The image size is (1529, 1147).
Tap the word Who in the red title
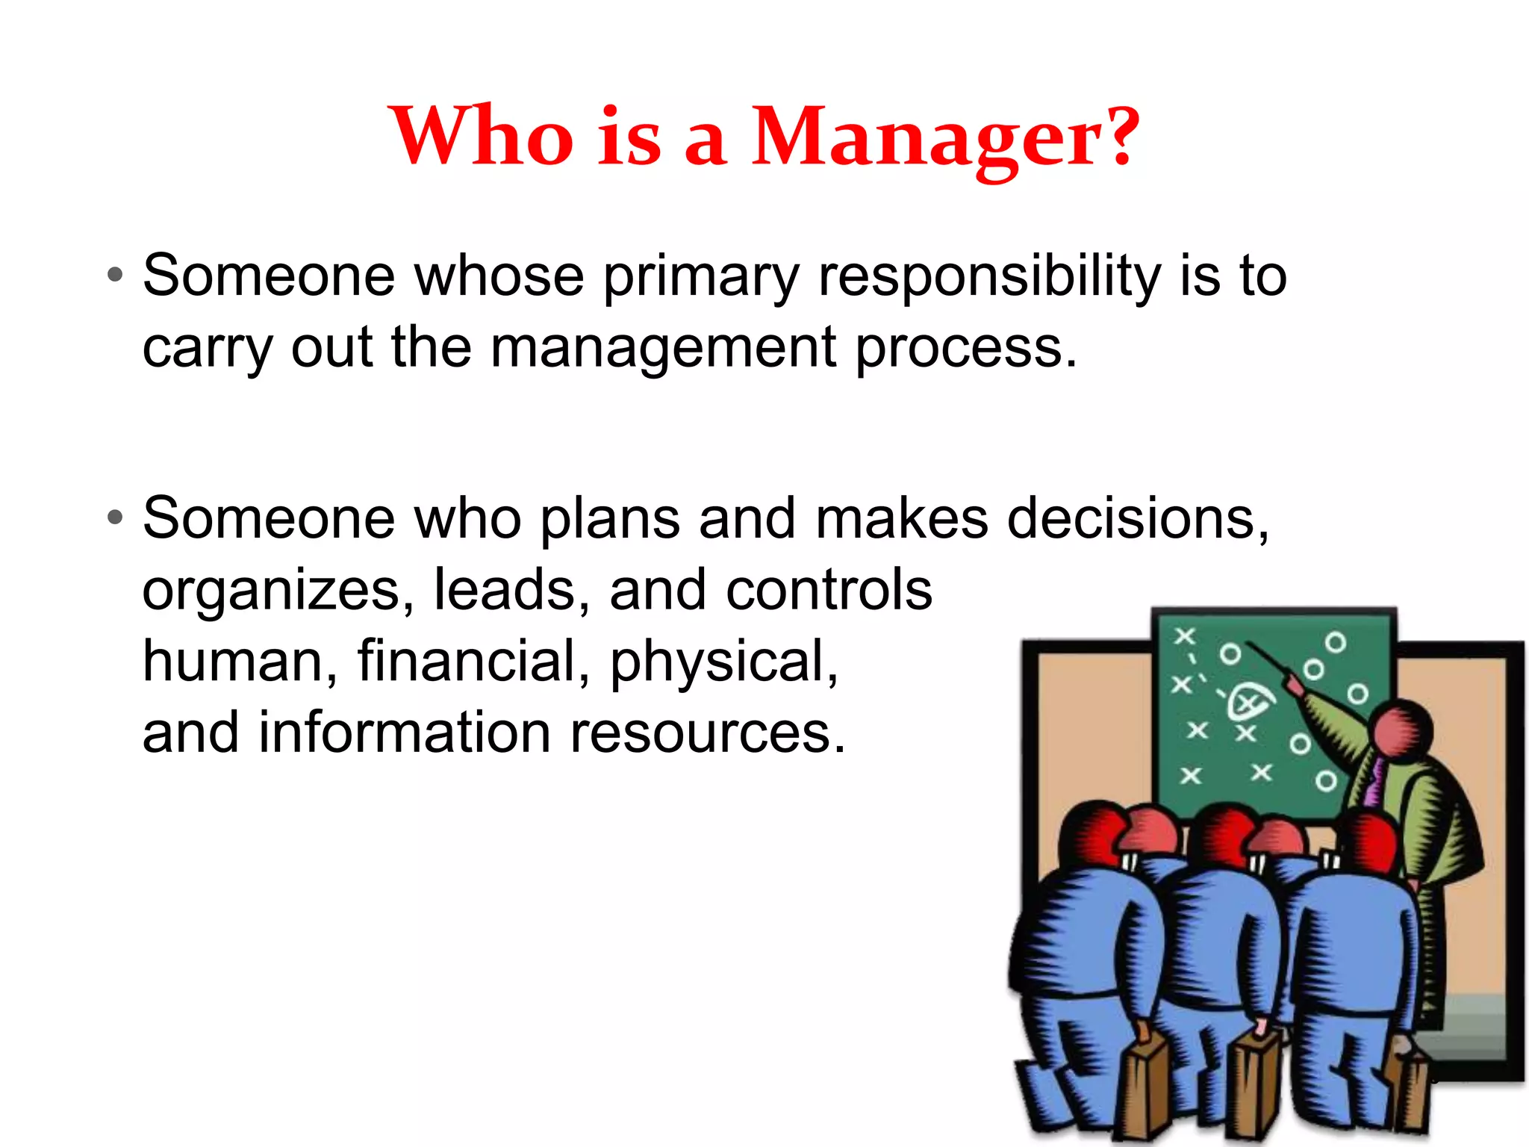[482, 137]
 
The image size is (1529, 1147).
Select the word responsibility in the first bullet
[989, 276]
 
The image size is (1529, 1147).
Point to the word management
[663, 348]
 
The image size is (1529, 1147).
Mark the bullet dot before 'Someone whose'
[114, 275]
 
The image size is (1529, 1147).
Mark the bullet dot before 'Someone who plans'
[114, 517]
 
